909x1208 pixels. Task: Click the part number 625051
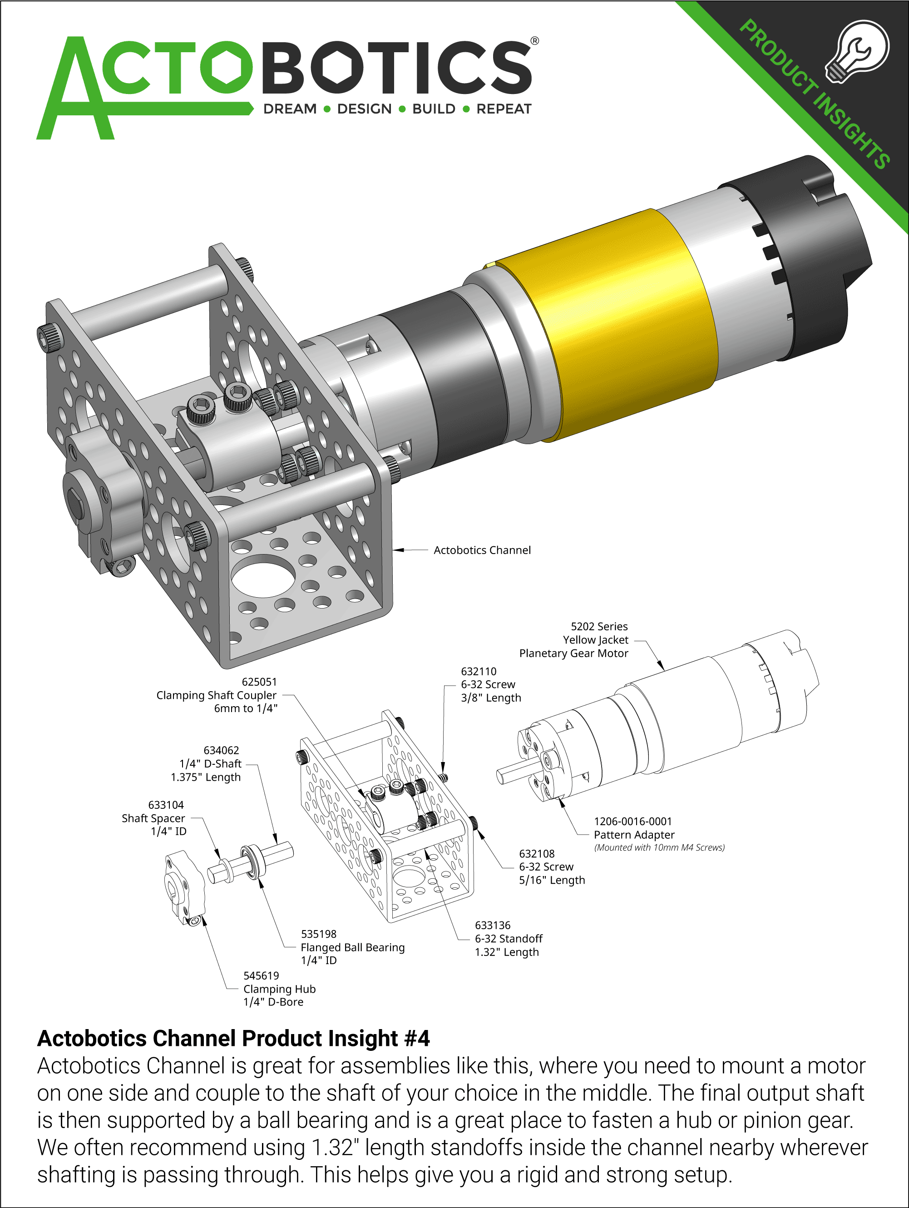pyautogui.click(x=259, y=682)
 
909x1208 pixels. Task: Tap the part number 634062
pyautogui.click(x=221, y=750)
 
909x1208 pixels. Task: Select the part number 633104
pyautogui.click(x=166, y=805)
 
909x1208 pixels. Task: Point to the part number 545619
pyautogui.click(x=261, y=975)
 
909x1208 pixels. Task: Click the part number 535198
pyautogui.click(x=319, y=934)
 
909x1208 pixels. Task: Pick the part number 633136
pyautogui.click(x=493, y=925)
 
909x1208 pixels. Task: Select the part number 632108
pyautogui.click(x=537, y=854)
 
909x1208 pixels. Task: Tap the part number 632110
pyautogui.click(x=479, y=671)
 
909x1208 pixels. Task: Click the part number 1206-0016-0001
pyautogui.click(x=633, y=822)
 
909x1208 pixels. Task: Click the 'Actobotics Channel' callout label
pyautogui.click(x=482, y=550)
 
